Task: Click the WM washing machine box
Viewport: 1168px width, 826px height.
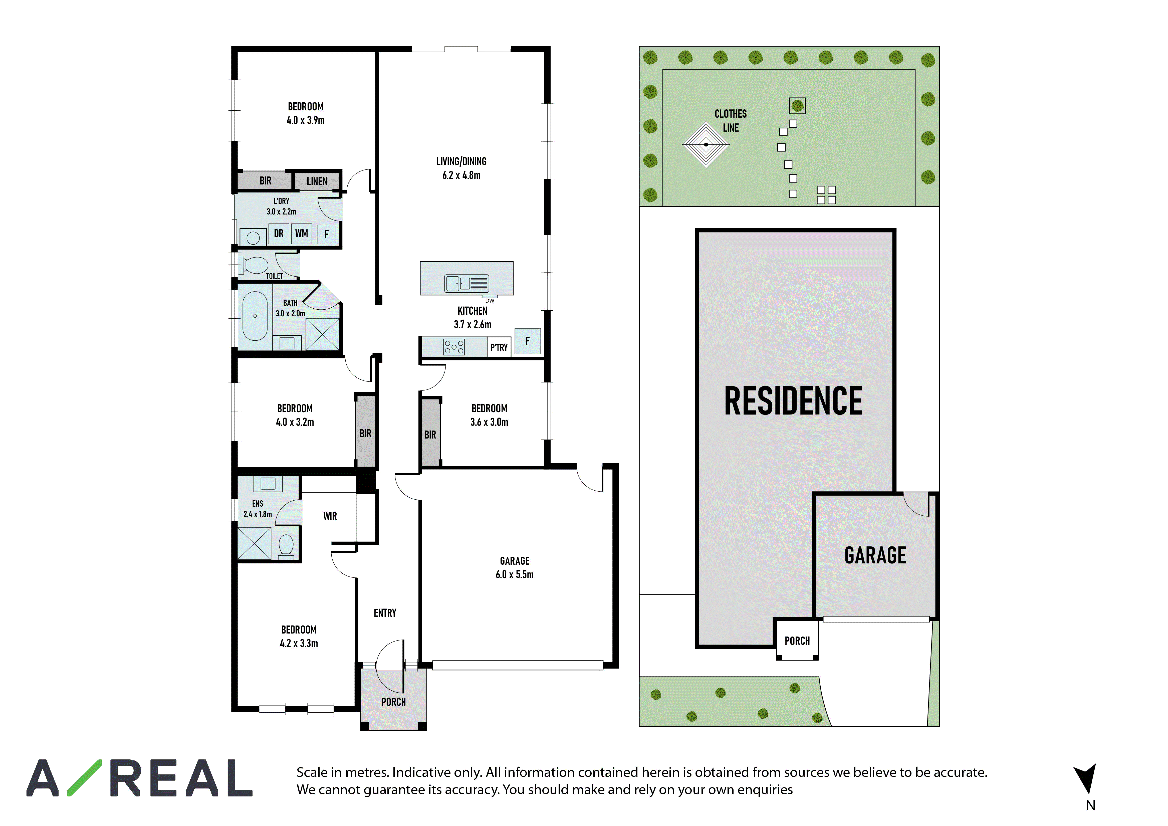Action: pyautogui.click(x=301, y=234)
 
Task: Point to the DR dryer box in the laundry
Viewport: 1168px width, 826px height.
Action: pyautogui.click(x=279, y=234)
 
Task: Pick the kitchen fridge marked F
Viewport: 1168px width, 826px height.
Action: pyautogui.click(x=528, y=341)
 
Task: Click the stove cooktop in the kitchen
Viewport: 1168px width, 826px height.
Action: pyautogui.click(x=454, y=347)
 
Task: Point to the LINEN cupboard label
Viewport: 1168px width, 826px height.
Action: pyautogui.click(x=317, y=181)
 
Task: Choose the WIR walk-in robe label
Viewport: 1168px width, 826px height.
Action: pyautogui.click(x=330, y=516)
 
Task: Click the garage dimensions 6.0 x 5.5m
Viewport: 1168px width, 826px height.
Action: pyautogui.click(x=515, y=575)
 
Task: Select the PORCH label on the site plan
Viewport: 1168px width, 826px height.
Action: pyautogui.click(x=797, y=641)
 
